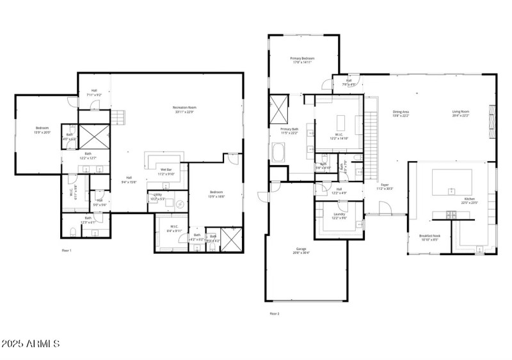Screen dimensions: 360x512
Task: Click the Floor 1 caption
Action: coord(66,250)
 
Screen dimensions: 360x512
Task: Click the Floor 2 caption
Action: coord(275,313)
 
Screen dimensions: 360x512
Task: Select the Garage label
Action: coord(301,250)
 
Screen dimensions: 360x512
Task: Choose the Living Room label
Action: coord(461,114)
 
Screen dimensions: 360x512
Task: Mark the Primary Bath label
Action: coord(289,130)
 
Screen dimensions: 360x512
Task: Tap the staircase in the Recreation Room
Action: coord(118,118)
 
